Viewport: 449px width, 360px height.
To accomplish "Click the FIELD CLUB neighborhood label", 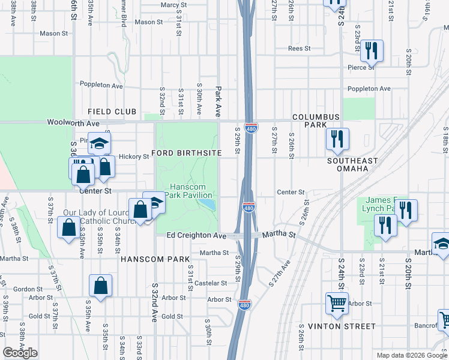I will coord(112,112).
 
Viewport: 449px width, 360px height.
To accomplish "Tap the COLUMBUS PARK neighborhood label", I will coord(316,121).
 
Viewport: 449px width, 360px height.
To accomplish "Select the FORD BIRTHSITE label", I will coord(187,153).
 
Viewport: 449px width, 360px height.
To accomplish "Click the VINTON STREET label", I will coord(342,326).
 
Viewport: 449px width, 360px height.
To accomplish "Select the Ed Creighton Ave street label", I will coord(196,236).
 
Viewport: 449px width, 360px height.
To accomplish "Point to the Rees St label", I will coord(299,49).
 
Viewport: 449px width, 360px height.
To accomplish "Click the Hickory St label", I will coord(133,157).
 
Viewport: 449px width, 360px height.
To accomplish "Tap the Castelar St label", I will coord(210,283).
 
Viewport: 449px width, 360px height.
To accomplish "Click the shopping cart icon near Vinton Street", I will coord(337,303).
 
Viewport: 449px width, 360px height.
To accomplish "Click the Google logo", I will coord(20,353).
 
